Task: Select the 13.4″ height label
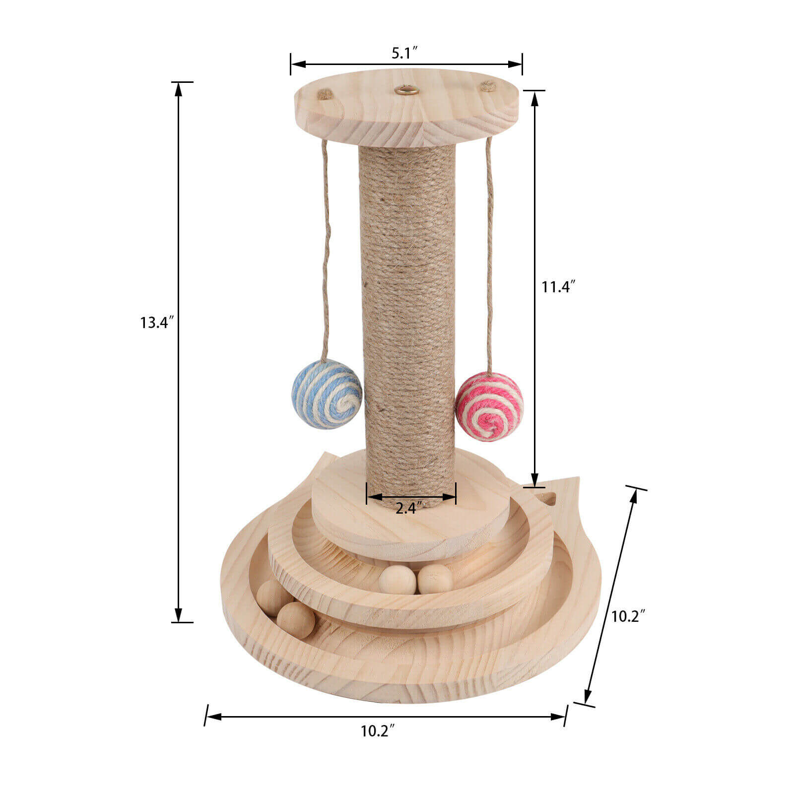[x=157, y=323]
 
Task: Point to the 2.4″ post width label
[x=409, y=508]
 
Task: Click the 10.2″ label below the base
[x=378, y=731]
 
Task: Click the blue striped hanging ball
[x=326, y=395]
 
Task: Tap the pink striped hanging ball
[x=489, y=407]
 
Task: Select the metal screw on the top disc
[x=405, y=90]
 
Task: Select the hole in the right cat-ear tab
[x=548, y=498]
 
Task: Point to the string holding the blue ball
[x=326, y=248]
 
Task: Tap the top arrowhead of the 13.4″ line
[x=179, y=88]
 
